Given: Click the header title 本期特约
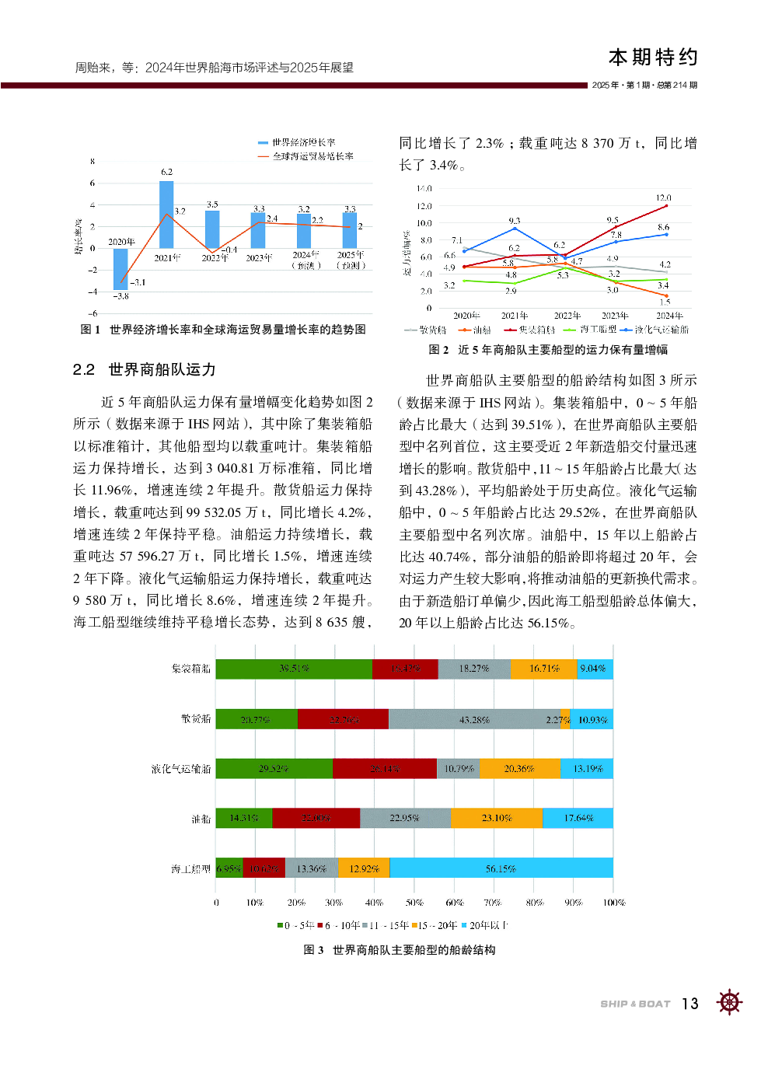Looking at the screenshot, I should [653, 58].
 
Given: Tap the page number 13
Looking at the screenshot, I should [690, 1004].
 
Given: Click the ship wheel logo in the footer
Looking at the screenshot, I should [729, 1002].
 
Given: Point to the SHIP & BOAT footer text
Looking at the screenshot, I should [635, 1004].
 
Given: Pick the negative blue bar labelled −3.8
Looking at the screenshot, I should [120, 269].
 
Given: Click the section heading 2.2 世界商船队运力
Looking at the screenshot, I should [145, 370].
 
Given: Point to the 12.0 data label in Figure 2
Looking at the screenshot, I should [663, 198].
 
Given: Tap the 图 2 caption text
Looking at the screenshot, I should [548, 350].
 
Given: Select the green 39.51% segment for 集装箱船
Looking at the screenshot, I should [294, 669].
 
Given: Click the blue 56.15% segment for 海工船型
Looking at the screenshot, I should [501, 868].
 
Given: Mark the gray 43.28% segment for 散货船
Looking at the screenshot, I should [474, 719].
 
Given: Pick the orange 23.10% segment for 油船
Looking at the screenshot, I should [497, 818].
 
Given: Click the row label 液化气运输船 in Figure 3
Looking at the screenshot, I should [181, 769].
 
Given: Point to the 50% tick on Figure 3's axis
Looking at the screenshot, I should [414, 903].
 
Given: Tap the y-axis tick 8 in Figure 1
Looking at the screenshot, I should [93, 162].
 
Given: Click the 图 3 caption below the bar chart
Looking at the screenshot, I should [400, 950].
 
